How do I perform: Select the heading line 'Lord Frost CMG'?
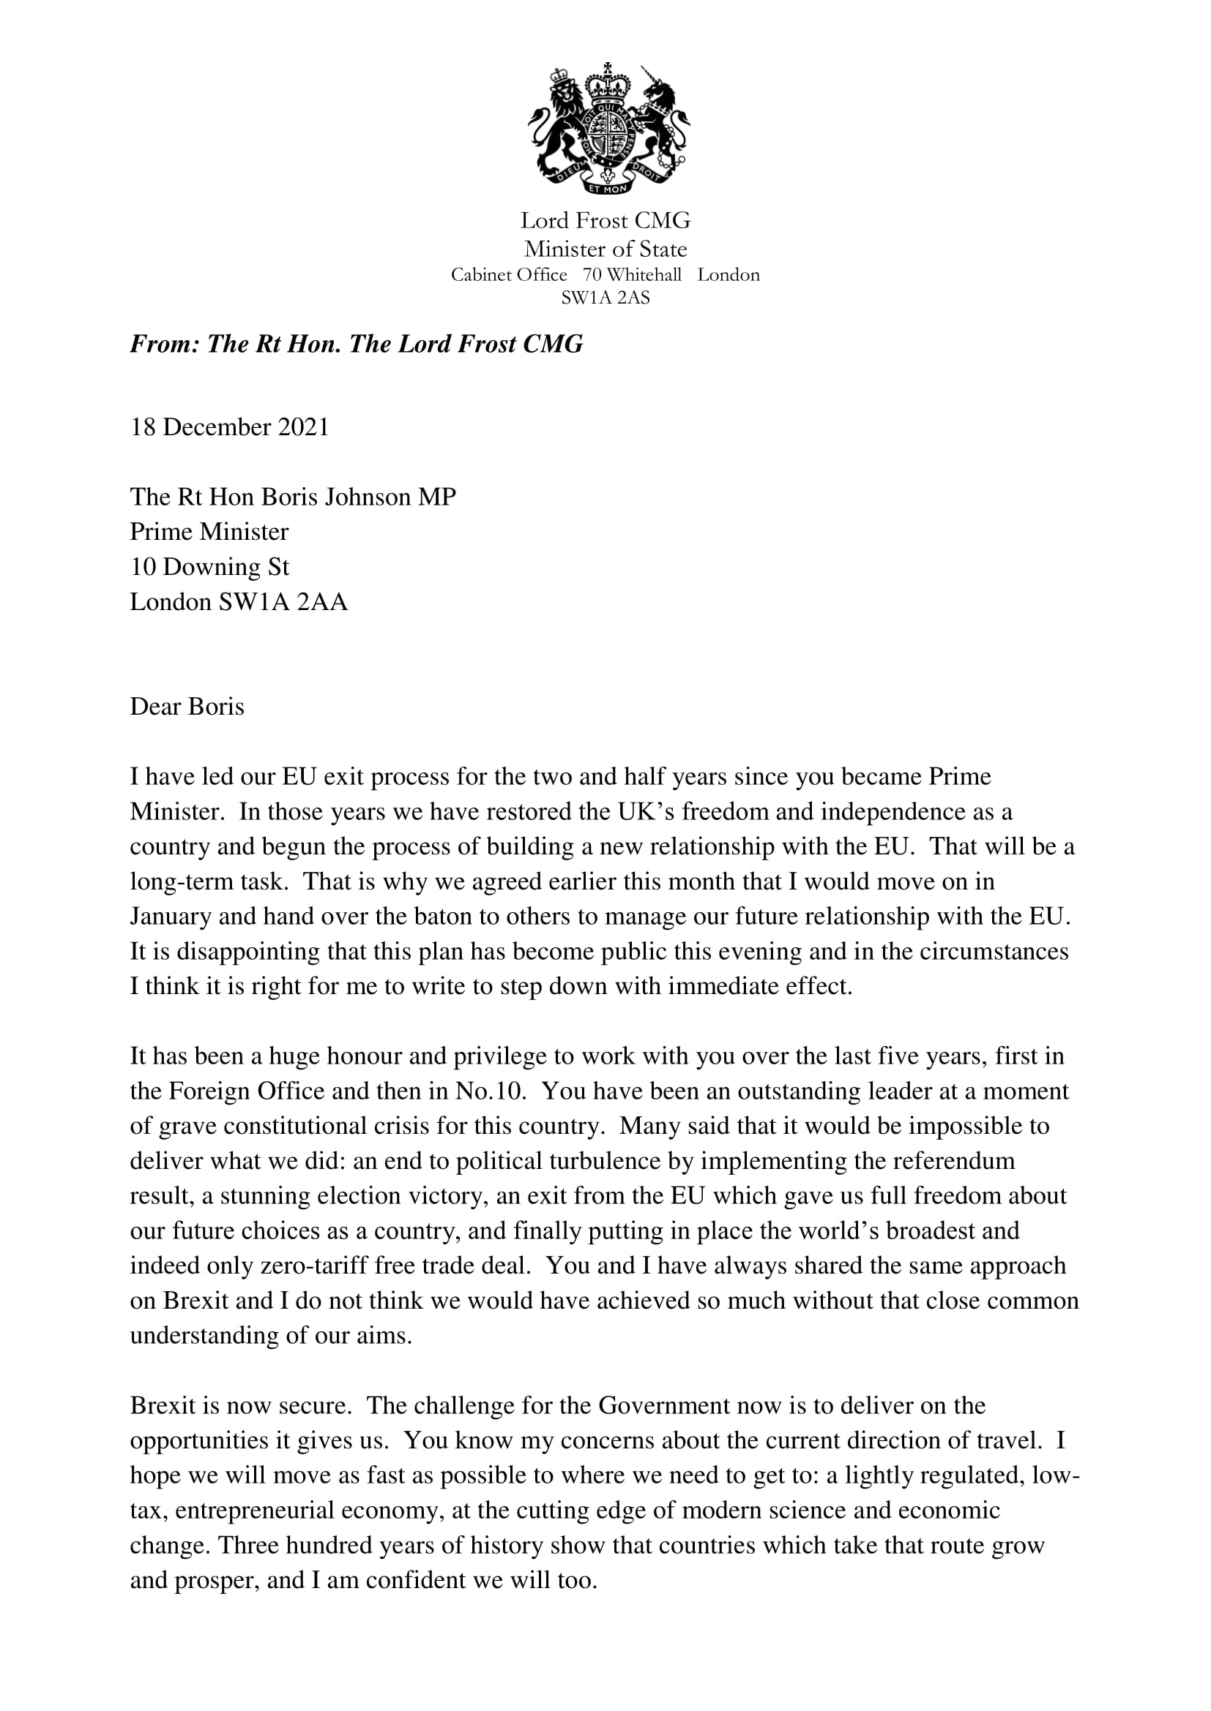tap(605, 221)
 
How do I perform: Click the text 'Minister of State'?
tap(605, 249)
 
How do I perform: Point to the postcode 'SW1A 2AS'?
tap(605, 298)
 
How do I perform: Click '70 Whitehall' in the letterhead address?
tap(633, 275)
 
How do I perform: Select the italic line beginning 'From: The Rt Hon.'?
tap(357, 345)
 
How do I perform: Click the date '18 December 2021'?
tap(230, 427)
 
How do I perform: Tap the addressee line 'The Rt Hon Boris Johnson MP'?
tap(293, 497)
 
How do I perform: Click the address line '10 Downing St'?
tap(209, 567)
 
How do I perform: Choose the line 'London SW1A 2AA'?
tap(239, 602)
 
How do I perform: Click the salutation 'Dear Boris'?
tap(187, 707)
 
